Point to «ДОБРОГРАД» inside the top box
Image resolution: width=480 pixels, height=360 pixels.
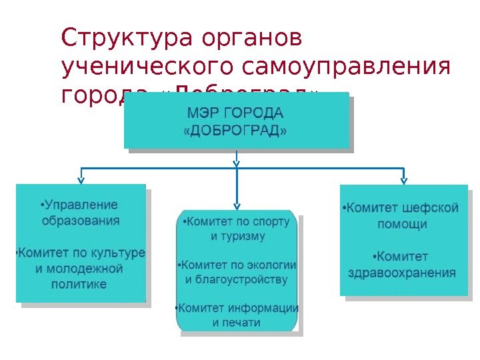[x=235, y=130]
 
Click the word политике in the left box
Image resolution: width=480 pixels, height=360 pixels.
[x=81, y=284]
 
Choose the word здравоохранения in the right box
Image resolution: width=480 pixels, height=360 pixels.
[x=402, y=273]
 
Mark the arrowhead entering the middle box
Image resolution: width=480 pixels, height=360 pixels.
[x=237, y=205]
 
